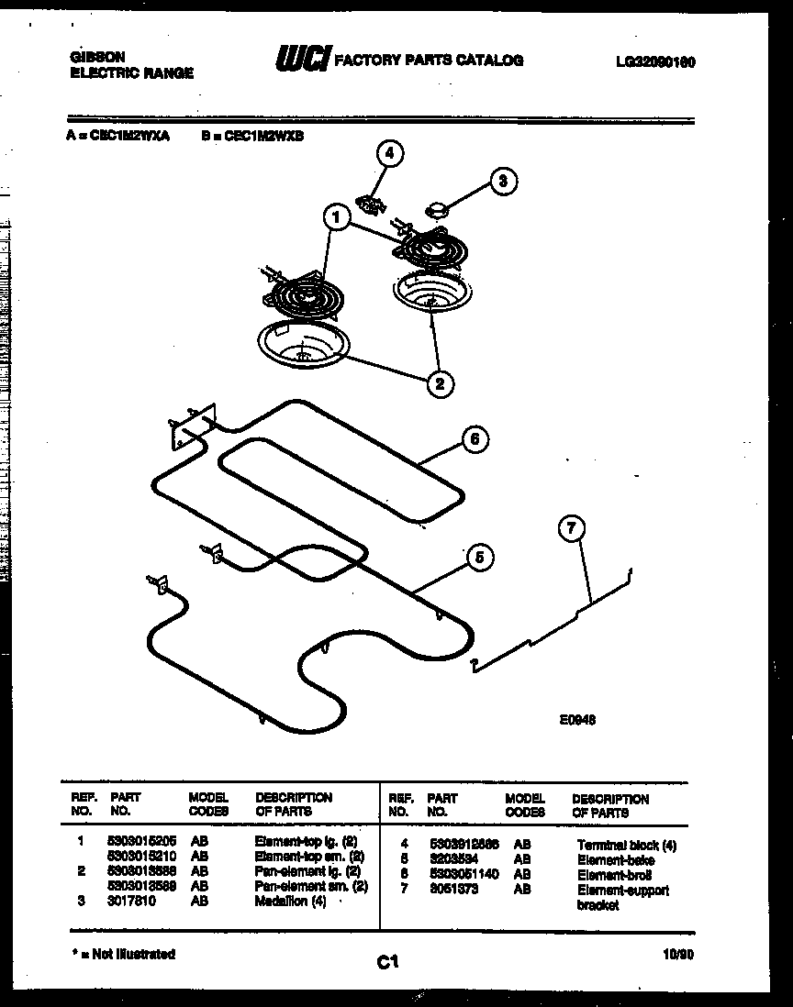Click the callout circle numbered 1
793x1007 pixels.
click(x=337, y=218)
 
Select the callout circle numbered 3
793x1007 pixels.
click(x=501, y=181)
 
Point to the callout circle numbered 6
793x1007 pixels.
click(x=474, y=439)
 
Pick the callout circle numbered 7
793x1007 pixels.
click(x=572, y=527)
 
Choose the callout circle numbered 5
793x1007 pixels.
click(x=478, y=556)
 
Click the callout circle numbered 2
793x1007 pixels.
click(x=440, y=383)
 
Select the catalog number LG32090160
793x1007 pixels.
click(x=654, y=62)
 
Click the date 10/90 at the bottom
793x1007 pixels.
click(x=676, y=955)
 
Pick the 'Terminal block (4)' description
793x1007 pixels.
click(x=626, y=846)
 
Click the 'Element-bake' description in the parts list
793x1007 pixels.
click(x=610, y=860)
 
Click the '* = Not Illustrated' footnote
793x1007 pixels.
click(x=123, y=955)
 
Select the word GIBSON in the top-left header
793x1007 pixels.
click(x=97, y=56)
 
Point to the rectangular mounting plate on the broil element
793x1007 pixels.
click(x=190, y=427)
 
